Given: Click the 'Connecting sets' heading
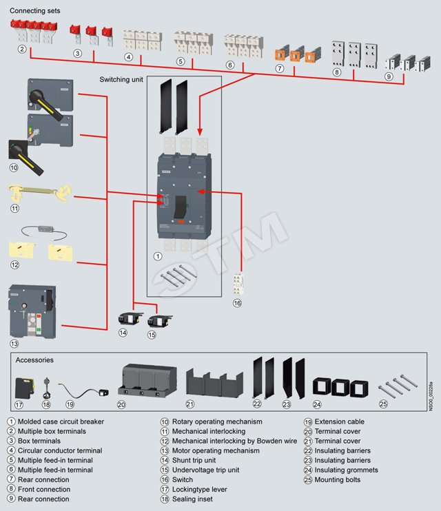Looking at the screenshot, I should [x=35, y=11].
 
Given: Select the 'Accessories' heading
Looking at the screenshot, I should [x=34, y=359].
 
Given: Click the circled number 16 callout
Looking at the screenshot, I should [x=237, y=302].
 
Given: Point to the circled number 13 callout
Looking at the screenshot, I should [x=14, y=343].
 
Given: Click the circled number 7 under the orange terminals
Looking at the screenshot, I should [x=280, y=68].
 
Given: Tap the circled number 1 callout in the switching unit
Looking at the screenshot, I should [x=157, y=255].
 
